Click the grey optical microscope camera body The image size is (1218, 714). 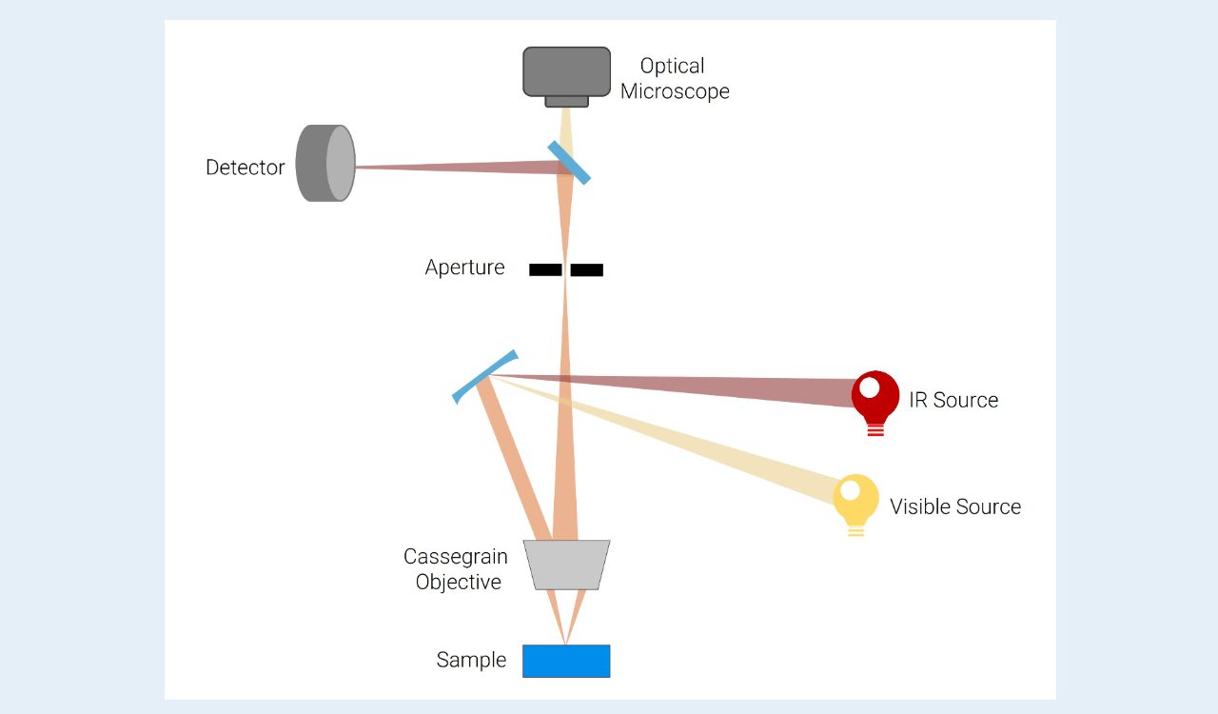566,72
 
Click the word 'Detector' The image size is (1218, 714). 246,168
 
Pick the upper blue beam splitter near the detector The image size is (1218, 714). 569,163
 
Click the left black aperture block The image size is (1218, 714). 545,269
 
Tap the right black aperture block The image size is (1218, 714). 587,269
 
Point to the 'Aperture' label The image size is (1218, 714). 464,268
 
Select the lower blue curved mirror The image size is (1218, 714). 484,376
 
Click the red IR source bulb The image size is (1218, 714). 875,398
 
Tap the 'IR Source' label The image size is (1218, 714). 953,400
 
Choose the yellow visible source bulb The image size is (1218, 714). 855,501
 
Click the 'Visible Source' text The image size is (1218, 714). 955,506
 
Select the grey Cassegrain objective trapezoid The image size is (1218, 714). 566,565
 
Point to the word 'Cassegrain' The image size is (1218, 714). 455,557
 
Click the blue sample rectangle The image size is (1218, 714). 566,661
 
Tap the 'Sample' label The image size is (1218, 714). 471,660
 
